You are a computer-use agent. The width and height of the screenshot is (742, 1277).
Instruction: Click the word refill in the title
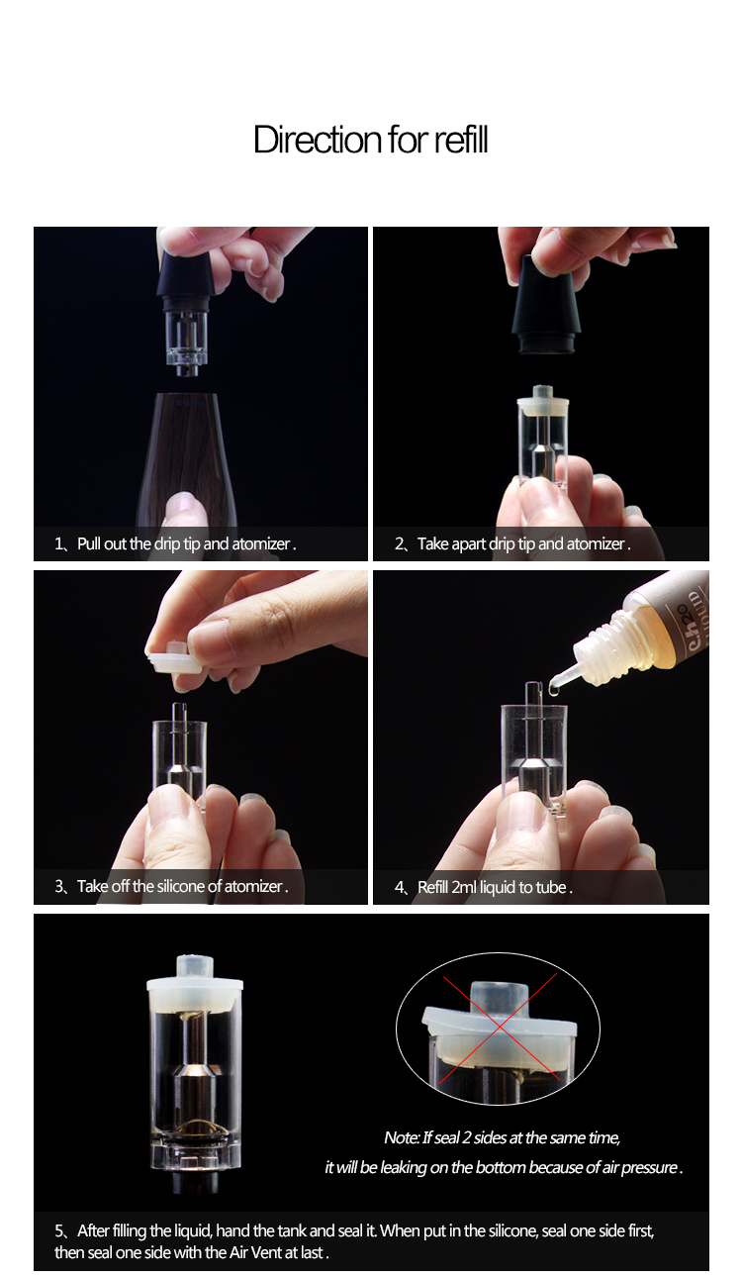[461, 140]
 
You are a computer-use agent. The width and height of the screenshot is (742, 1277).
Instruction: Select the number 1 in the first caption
[58, 543]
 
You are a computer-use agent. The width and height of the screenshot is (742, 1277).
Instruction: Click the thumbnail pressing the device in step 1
[181, 503]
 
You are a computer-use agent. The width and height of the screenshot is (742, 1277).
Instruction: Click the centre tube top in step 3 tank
[179, 707]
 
